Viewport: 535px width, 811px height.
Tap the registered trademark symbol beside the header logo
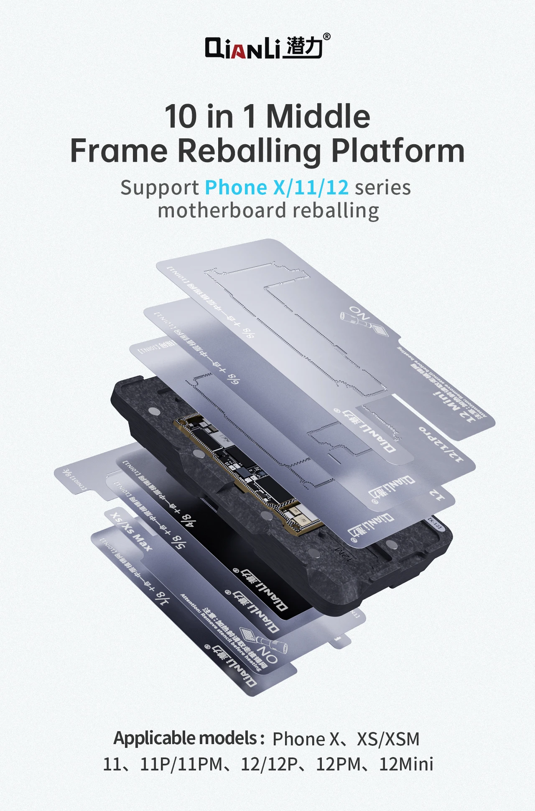tap(327, 37)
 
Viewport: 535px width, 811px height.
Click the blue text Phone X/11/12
tap(277, 188)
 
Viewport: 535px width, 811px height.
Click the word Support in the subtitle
tap(159, 188)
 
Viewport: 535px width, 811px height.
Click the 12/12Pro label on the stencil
tap(441, 445)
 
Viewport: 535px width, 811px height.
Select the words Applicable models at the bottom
tap(189, 739)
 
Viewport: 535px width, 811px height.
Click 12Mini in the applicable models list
tap(406, 764)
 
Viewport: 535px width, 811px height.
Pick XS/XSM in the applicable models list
tap(388, 739)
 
